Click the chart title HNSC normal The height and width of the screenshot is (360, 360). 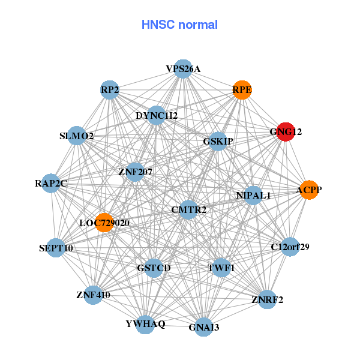pos(179,25)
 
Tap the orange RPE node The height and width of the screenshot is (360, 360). pos(242,90)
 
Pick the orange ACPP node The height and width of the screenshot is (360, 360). pos(309,190)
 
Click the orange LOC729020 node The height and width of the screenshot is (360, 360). pos(104,223)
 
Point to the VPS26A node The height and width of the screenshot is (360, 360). pos(183,69)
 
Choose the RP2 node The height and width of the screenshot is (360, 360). pos(110,90)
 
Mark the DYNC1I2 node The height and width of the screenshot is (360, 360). pos(156,115)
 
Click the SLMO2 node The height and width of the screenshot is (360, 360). pos(77,136)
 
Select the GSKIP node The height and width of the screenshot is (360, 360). pos(218,142)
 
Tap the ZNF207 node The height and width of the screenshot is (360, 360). pos(135,172)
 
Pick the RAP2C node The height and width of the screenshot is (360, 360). pos(51,183)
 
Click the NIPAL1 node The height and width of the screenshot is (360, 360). pos(253,196)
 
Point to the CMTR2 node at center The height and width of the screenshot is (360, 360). pos(188,209)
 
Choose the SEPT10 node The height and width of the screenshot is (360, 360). pos(56,248)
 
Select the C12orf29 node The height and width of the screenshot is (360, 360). pos(290,247)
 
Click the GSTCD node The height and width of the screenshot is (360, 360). pos(154,268)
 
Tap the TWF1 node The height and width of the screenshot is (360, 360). pos(221,268)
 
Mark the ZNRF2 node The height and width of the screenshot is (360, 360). pos(267,299)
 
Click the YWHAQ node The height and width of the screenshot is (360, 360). pos(145,324)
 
